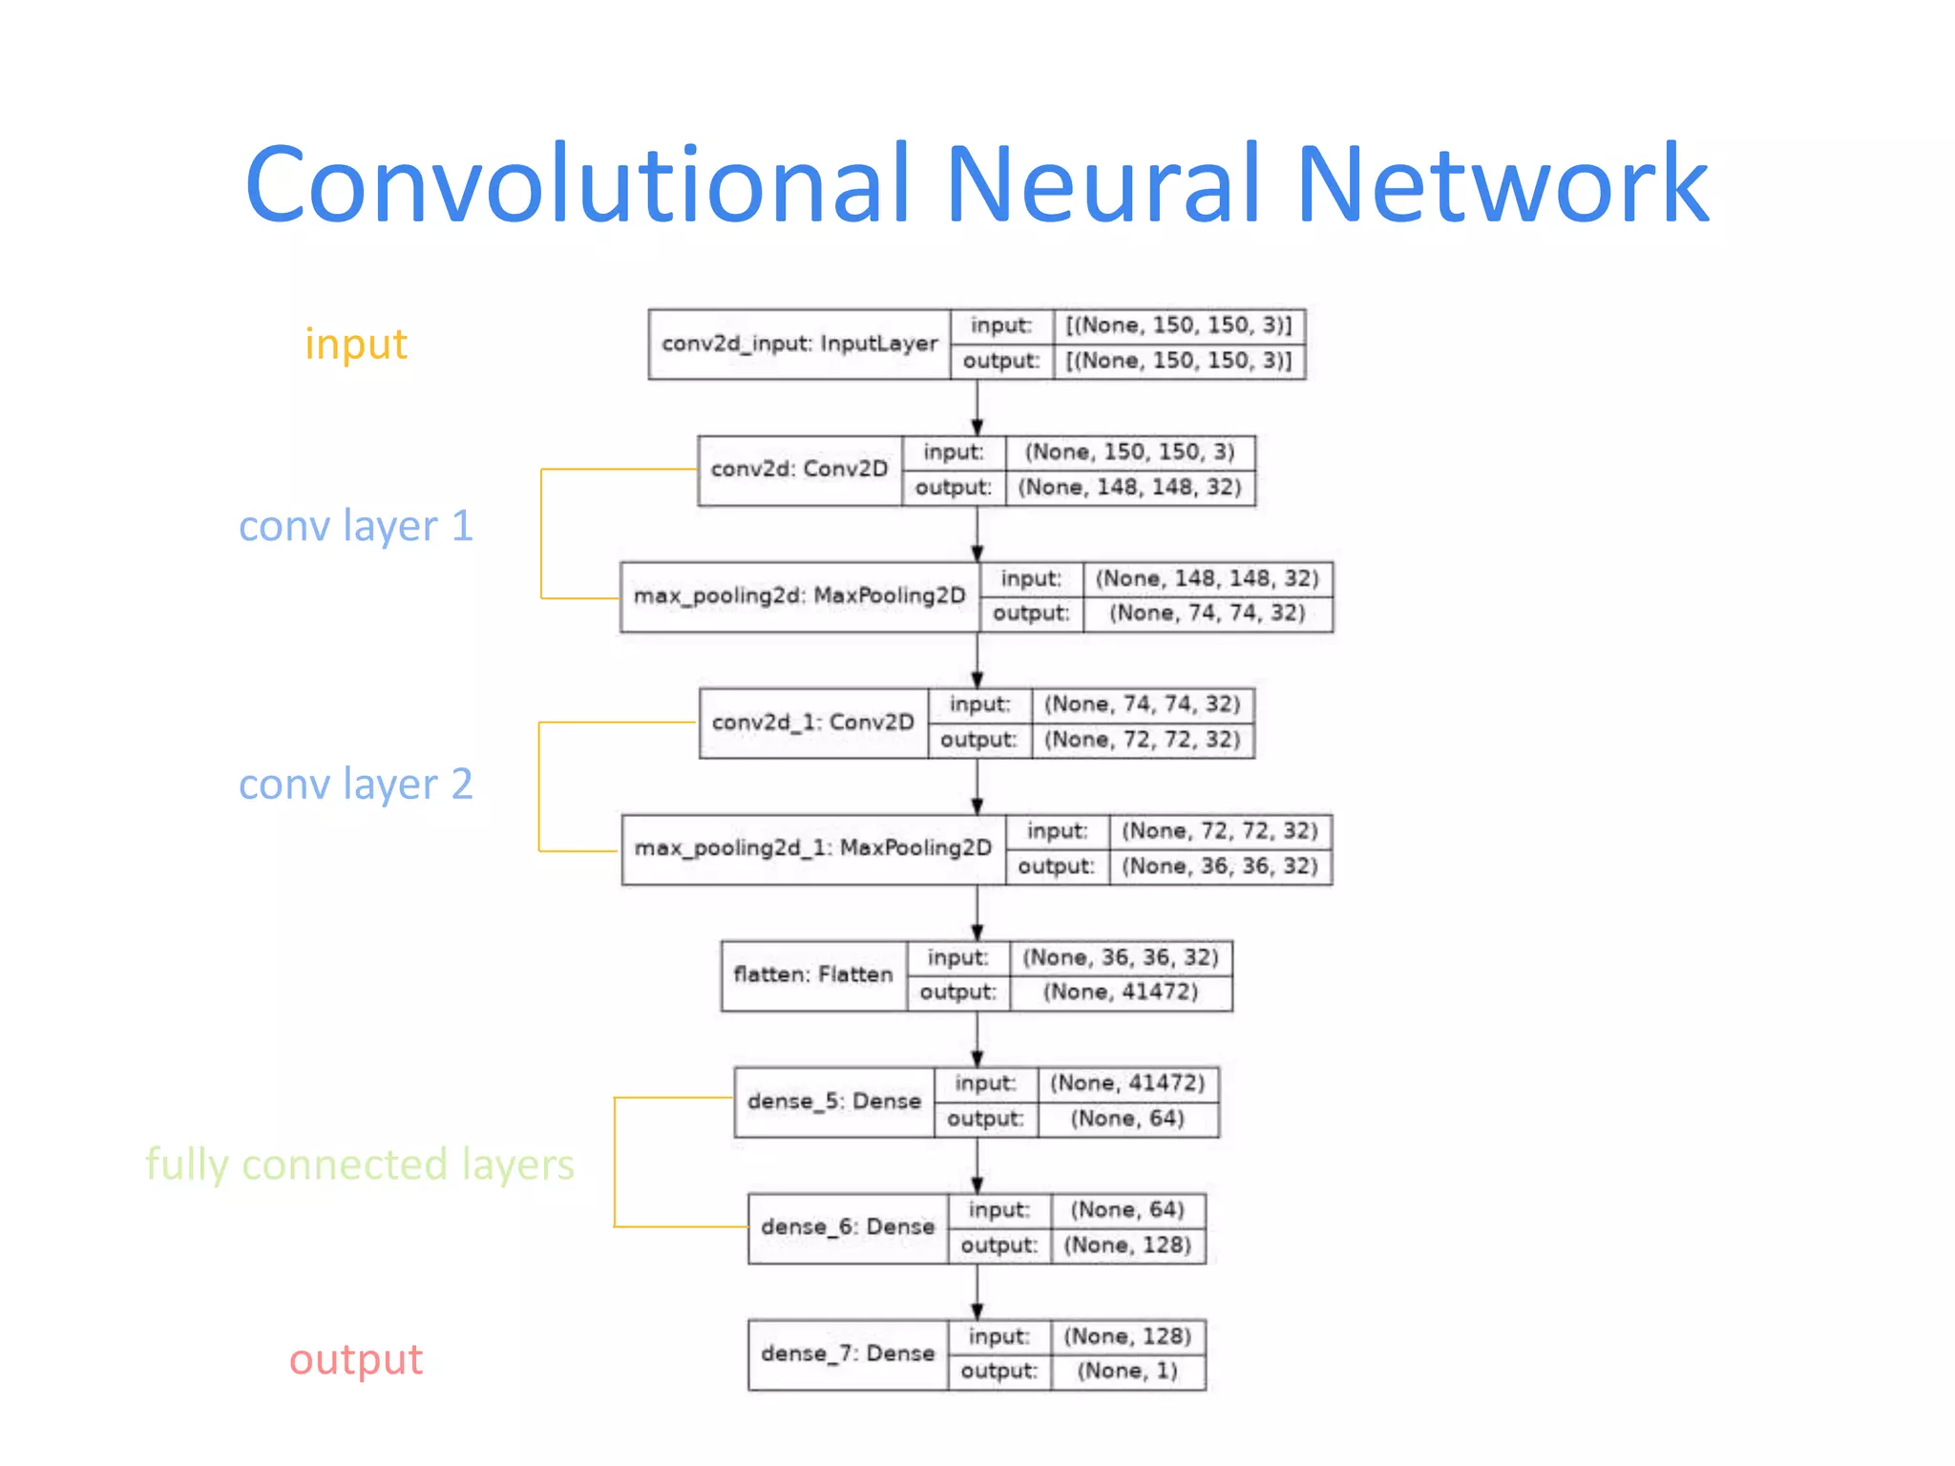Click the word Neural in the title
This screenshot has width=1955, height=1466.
coord(1103,183)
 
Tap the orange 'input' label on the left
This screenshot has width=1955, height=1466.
coord(355,344)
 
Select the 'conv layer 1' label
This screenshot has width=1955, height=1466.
coord(355,526)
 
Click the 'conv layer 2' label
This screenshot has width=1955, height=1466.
coord(355,785)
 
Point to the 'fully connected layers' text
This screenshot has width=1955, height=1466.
coord(359,1164)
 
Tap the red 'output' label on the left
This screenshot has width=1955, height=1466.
coord(355,1359)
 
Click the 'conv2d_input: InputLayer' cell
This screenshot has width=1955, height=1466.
coord(799,344)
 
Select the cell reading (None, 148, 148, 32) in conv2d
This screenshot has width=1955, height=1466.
coord(1129,488)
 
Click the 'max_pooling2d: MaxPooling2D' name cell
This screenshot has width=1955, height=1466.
coord(799,597)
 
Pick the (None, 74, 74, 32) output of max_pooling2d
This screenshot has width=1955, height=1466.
coord(1207,614)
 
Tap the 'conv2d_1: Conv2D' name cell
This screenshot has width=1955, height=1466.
coord(812,723)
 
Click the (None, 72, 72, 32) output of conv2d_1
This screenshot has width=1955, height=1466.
coord(1142,740)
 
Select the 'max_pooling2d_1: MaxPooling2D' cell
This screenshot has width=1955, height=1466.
coord(812,848)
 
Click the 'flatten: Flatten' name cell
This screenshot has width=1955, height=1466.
coord(812,974)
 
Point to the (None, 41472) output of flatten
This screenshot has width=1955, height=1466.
coord(1120,993)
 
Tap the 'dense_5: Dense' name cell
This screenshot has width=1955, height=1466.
coord(833,1101)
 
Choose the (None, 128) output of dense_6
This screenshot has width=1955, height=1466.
coord(1127,1246)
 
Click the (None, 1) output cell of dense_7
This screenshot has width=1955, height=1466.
coord(1127,1372)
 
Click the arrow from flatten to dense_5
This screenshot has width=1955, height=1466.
coord(977,1039)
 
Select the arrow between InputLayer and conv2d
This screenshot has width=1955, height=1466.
coord(977,408)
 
